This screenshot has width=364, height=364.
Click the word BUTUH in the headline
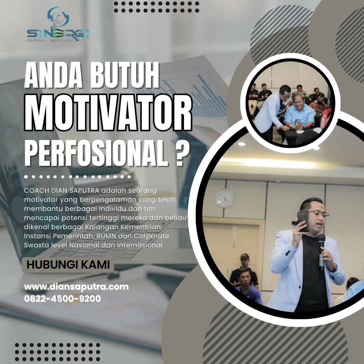click(x=125, y=75)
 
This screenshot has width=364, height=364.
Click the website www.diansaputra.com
click(x=76, y=287)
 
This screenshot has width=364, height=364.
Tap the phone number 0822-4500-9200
click(x=62, y=299)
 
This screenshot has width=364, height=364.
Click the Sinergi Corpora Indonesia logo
click(x=58, y=24)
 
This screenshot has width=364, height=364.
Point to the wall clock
click(x=224, y=199)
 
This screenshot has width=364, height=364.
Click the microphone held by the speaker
click(x=321, y=252)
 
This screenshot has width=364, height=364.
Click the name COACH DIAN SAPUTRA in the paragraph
click(x=62, y=190)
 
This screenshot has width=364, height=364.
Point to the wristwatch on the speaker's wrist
click(x=335, y=267)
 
